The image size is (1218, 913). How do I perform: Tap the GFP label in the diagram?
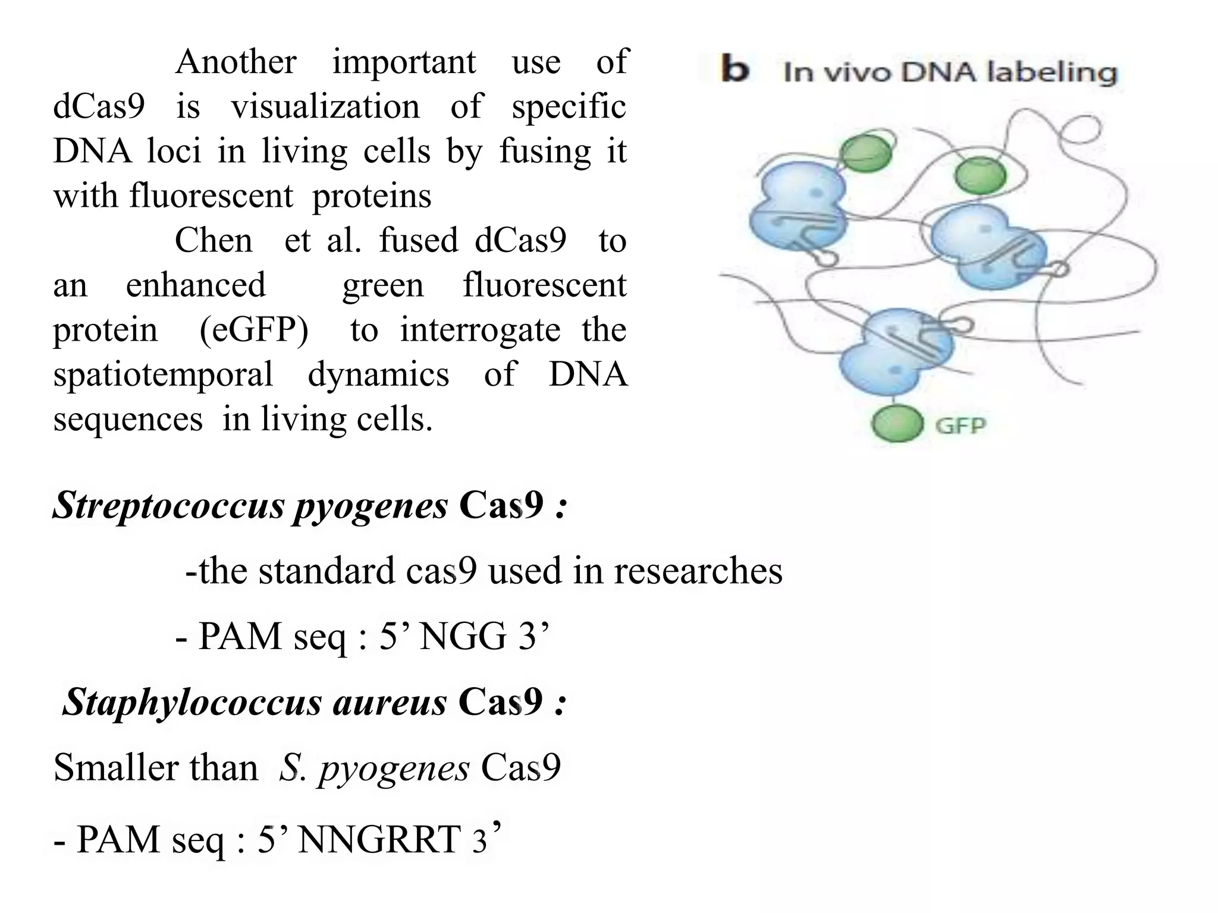pos(960,426)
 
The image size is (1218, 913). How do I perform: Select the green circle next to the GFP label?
pos(897,423)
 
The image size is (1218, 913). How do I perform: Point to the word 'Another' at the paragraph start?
pos(236,62)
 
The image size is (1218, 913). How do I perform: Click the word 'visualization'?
pos(325,107)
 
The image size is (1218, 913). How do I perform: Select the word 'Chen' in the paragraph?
pos(214,241)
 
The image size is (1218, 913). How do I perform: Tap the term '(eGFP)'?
pos(254,330)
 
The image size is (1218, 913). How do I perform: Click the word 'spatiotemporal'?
pos(163,375)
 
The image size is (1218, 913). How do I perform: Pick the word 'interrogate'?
pos(480,330)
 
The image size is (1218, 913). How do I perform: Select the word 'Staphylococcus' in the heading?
pos(192,702)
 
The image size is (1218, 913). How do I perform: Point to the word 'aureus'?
pos(390,702)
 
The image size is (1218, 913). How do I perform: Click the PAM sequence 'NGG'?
pos(463,637)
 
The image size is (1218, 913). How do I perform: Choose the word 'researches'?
pos(698,571)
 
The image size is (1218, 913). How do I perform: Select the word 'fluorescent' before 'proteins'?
pos(211,196)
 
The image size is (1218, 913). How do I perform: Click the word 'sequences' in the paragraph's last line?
pos(128,420)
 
